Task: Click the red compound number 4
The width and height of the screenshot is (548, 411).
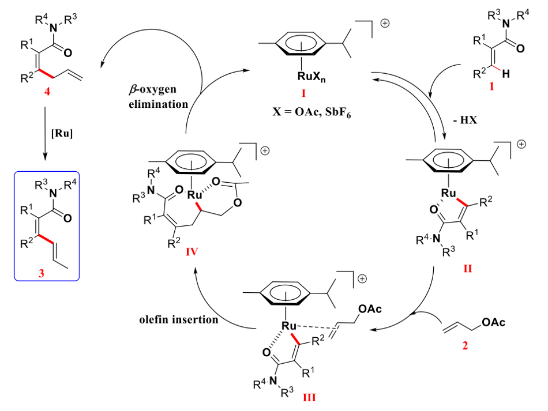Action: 46,92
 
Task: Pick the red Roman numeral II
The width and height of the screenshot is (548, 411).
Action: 467,267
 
